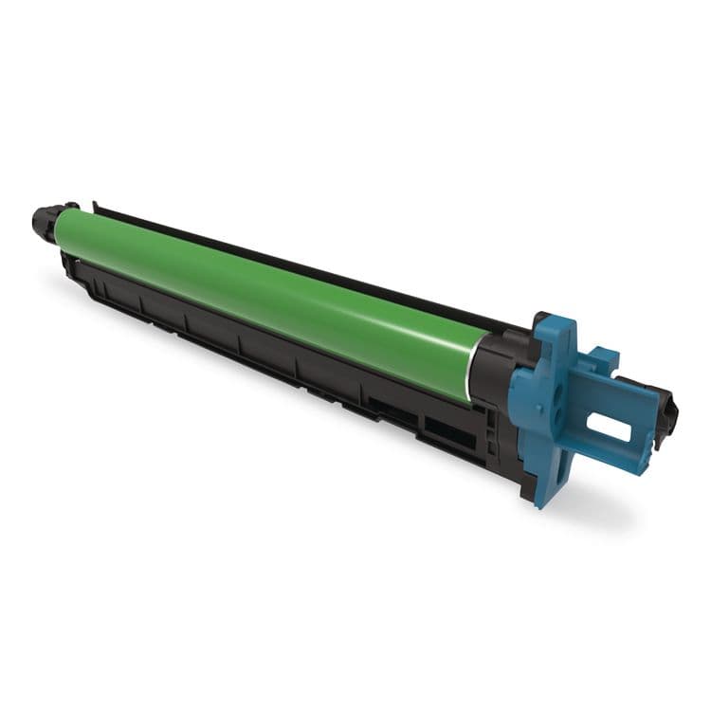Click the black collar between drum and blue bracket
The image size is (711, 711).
[x=492, y=365]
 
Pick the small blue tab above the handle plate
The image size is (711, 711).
[x=600, y=359]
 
